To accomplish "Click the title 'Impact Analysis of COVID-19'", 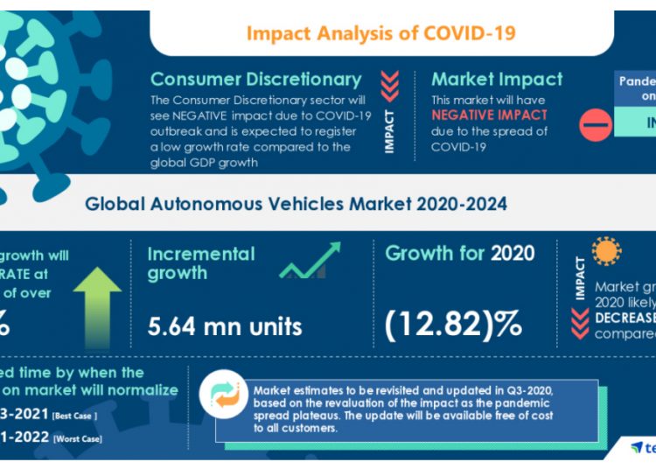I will coord(380,33).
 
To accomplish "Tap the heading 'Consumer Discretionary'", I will coord(255,80).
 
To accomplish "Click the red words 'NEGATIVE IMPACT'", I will coord(489,115).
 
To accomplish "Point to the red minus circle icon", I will coord(596,126).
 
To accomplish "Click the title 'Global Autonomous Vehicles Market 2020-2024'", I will coord(296,205).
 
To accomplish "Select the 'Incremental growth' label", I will coord(200,263).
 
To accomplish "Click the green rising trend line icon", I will coord(310,262).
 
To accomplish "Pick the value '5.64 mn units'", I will coord(225,326).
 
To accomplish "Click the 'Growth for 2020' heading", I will coord(461,254).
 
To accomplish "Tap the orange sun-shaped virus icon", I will coord(605,252).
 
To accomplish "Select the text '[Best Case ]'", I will coord(74,415).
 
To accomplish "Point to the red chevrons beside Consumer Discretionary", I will coord(390,86).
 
